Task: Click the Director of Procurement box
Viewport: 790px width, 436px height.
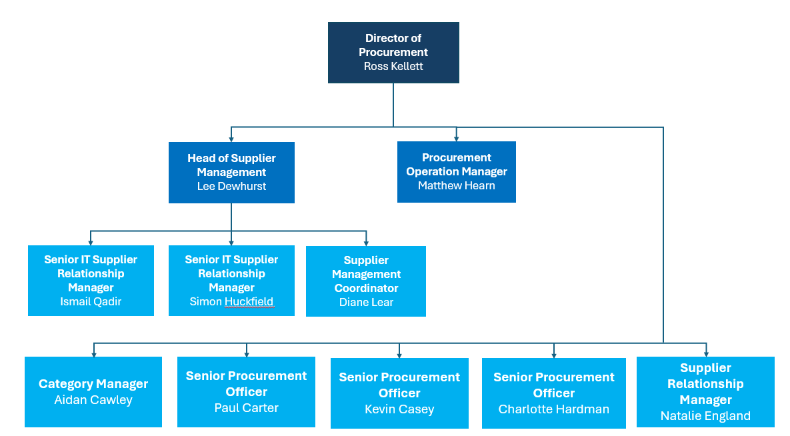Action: click(x=393, y=52)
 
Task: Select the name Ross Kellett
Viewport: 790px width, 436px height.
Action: click(x=393, y=67)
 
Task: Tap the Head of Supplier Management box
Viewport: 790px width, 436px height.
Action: click(x=231, y=172)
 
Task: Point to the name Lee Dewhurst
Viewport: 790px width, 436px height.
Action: click(x=231, y=187)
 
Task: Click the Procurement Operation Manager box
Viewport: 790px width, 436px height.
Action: click(x=456, y=171)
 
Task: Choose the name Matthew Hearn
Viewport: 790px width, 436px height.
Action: click(x=456, y=186)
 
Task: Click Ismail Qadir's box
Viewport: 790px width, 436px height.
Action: click(x=91, y=280)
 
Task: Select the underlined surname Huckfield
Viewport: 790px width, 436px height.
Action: click(x=249, y=302)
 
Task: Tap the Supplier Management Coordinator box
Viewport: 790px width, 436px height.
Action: click(x=366, y=281)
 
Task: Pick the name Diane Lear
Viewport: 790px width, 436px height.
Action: click(x=366, y=303)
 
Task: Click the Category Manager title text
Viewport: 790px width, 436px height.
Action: click(x=93, y=384)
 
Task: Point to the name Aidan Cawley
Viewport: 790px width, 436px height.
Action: click(x=93, y=400)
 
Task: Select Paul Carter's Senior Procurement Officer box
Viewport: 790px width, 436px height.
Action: click(x=246, y=391)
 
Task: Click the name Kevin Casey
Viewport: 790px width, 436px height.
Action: click(x=399, y=409)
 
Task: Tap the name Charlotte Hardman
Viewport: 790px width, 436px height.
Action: click(x=554, y=409)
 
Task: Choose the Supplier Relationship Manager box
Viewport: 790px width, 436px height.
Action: click(x=705, y=391)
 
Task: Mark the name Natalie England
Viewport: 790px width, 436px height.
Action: click(x=705, y=416)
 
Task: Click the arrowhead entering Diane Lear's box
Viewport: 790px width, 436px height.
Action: click(x=366, y=242)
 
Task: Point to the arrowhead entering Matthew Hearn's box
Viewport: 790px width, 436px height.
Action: click(x=456, y=138)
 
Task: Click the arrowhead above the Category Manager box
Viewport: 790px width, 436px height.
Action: click(x=93, y=353)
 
